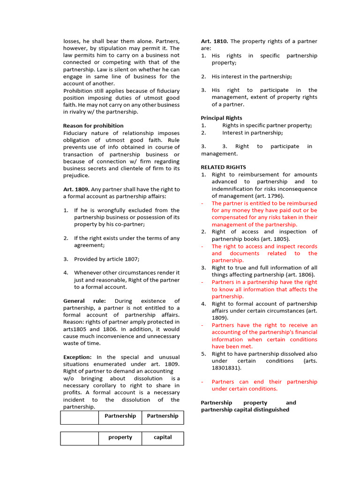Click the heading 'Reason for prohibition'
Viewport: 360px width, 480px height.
pyautogui.click(x=93, y=126)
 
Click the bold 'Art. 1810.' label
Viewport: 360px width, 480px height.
pyautogui.click(x=215, y=41)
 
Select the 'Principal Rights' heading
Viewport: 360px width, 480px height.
pyautogui.click(x=222, y=118)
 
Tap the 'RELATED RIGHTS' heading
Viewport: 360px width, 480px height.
pyautogui.click(x=223, y=167)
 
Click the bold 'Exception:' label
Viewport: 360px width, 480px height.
pyautogui.click(x=77, y=357)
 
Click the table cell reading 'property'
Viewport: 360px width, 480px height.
pyautogui.click(x=120, y=437)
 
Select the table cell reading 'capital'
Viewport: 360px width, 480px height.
pyautogui.click(x=163, y=437)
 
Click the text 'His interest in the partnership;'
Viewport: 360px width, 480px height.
pyautogui.click(x=252, y=76)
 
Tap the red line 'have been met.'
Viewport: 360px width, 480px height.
pyautogui.click(x=232, y=346)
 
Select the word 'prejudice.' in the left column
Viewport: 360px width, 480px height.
pyautogui.click(x=76, y=175)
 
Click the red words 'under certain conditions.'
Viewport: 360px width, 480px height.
pyautogui.click(x=244, y=389)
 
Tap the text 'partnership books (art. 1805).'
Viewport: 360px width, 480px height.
pyautogui.click(x=251, y=239)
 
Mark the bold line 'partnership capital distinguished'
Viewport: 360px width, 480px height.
pyautogui.click(x=245, y=410)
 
